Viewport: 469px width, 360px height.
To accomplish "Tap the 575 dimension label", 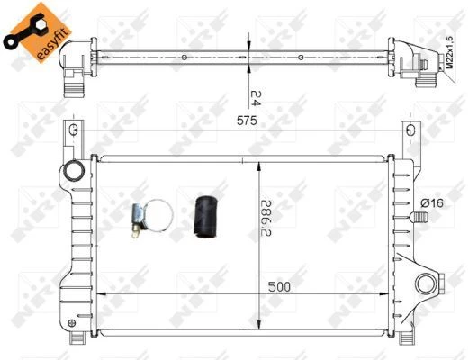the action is tap(247, 121).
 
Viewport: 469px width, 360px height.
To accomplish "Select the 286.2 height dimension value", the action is tap(266, 218).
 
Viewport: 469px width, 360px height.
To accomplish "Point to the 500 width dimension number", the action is tap(279, 287).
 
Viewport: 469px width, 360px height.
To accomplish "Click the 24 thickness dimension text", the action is tap(256, 98).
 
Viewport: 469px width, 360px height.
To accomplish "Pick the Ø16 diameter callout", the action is tap(432, 203).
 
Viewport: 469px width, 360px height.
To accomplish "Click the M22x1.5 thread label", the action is tap(449, 52).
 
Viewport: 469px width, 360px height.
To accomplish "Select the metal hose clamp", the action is tap(152, 219).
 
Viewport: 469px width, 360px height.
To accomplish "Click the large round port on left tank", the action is tap(74, 170).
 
